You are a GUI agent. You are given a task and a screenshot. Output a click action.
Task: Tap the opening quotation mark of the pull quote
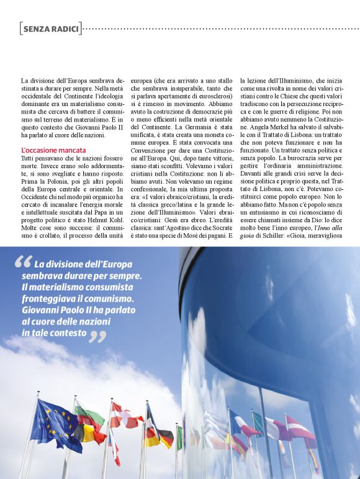click(23, 263)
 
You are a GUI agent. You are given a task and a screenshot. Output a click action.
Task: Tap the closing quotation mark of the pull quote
click(97, 336)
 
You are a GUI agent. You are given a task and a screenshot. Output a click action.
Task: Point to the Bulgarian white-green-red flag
click(91, 416)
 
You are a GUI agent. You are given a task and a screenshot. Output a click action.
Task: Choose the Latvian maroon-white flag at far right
click(300, 427)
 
